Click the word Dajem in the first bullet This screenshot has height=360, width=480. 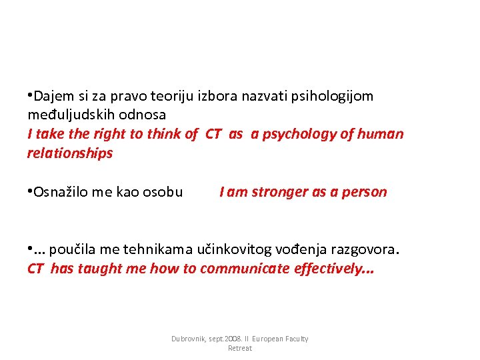coord(51,96)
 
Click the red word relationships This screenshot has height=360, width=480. coord(70,153)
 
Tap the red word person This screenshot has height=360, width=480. coord(364,192)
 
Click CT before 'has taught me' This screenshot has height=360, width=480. coord(37,269)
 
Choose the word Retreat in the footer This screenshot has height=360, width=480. coord(240,348)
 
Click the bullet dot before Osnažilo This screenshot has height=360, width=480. coord(30,192)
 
